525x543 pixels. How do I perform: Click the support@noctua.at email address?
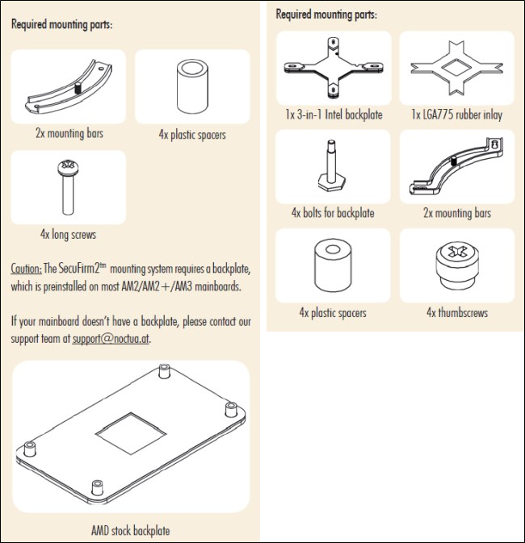pyautogui.click(x=111, y=339)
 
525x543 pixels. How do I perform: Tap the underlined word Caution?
pyautogui.click(x=27, y=269)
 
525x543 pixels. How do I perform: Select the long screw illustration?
pyautogui.click(x=69, y=187)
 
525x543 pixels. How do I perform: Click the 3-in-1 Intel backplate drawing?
pyautogui.click(x=334, y=68)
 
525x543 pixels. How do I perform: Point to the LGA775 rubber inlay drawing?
pyautogui.click(x=456, y=68)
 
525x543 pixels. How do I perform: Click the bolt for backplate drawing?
pyautogui.click(x=332, y=165)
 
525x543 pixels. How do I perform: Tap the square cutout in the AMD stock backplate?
pyautogui.click(x=131, y=433)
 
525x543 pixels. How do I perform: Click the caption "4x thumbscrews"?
pyautogui.click(x=457, y=313)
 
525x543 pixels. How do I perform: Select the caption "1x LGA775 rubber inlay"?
pyautogui.click(x=456, y=115)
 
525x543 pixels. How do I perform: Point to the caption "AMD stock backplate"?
pyautogui.click(x=130, y=531)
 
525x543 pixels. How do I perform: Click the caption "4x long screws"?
pyautogui.click(x=68, y=235)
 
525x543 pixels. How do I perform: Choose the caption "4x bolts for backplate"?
pyautogui.click(x=333, y=213)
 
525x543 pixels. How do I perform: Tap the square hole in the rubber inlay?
pyautogui.click(x=456, y=68)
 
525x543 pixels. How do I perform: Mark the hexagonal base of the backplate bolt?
pyautogui.click(x=332, y=182)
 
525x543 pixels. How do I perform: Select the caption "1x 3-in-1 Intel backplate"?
pyautogui.click(x=334, y=115)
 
